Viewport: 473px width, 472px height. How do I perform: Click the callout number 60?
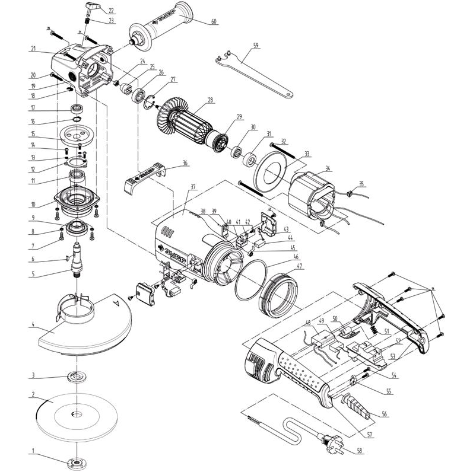coord(214,22)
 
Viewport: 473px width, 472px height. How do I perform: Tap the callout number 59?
coord(255,45)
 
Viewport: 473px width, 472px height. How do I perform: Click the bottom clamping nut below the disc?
coord(76,463)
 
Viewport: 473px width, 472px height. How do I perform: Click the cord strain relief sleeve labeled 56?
coord(357,403)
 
